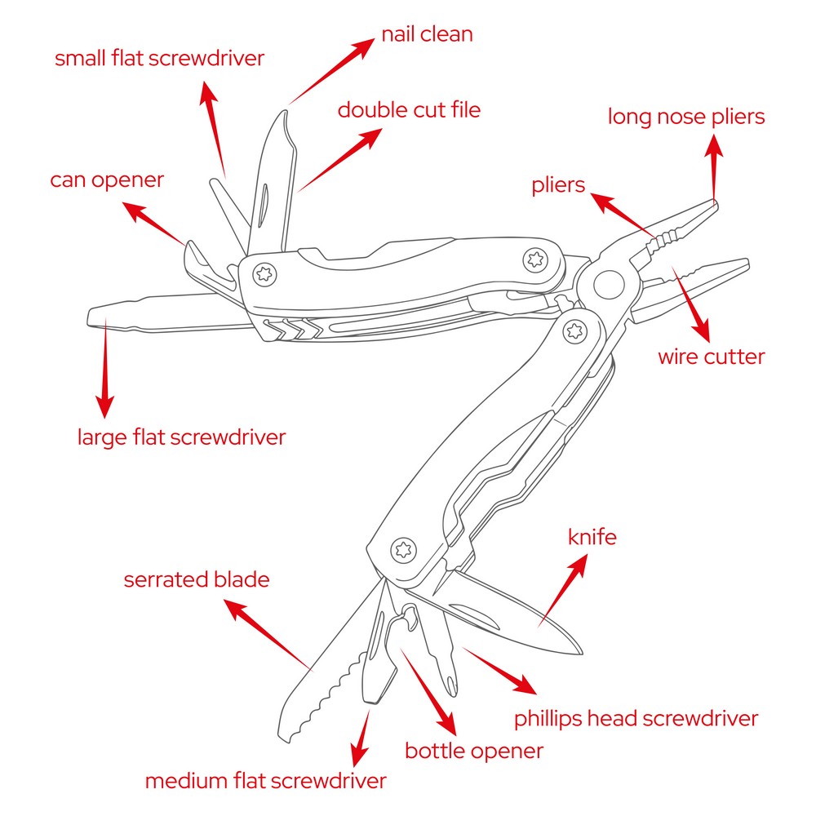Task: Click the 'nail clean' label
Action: [427, 35]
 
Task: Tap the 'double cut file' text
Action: [409, 109]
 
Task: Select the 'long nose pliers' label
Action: [686, 117]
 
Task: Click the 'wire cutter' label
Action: [711, 357]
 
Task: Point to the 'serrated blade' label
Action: [196, 580]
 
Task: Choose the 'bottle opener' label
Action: [473, 751]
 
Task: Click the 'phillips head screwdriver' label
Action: [636, 719]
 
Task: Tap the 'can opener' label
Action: [107, 180]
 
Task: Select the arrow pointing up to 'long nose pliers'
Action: [714, 167]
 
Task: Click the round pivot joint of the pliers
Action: [606, 285]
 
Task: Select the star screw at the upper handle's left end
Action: [264, 273]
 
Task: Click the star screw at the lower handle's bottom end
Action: [401, 548]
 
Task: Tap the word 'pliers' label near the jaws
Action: [558, 185]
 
